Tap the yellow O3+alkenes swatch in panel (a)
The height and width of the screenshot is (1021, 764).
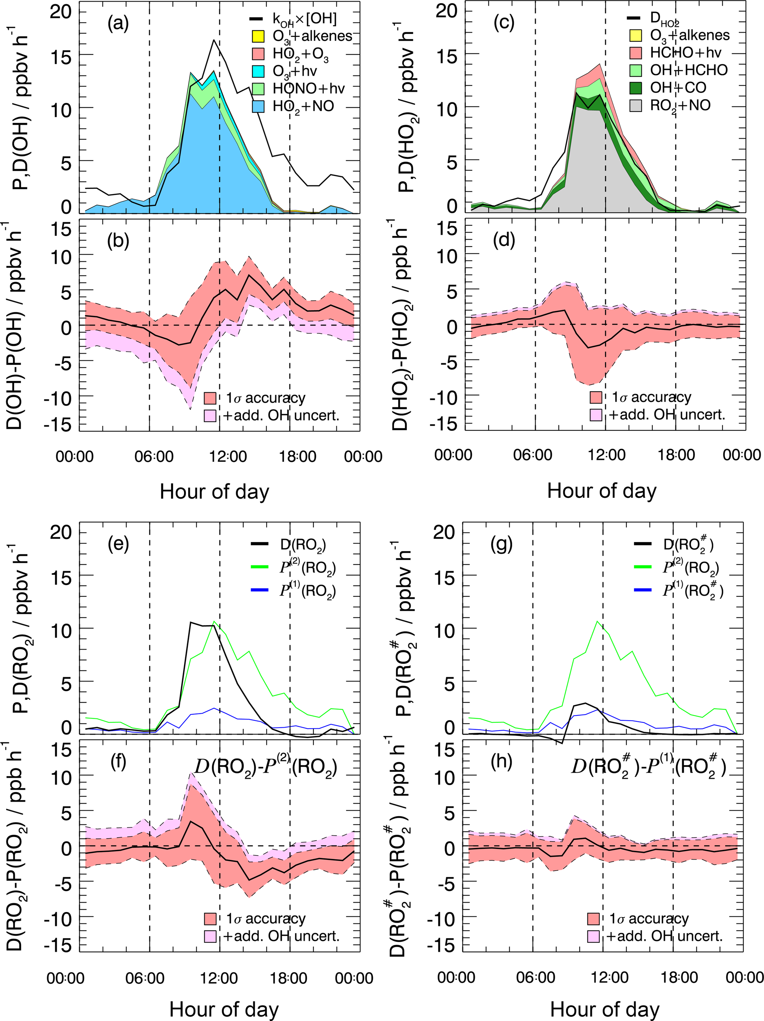click(x=258, y=36)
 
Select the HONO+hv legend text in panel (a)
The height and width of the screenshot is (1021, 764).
click(x=308, y=88)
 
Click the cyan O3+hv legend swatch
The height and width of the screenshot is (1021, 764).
click(x=258, y=71)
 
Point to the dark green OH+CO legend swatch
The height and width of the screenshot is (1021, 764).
click(x=636, y=88)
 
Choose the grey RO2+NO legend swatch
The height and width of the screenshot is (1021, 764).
click(x=636, y=105)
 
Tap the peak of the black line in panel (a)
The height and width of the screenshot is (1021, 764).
click(x=214, y=40)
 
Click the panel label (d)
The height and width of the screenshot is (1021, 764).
click(x=504, y=241)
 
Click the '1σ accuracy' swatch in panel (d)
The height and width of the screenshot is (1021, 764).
click(x=595, y=397)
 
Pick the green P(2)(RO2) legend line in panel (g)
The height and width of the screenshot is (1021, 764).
click(x=642, y=567)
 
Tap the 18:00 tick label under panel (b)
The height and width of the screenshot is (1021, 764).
click(x=297, y=456)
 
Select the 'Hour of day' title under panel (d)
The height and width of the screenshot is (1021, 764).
click(x=601, y=491)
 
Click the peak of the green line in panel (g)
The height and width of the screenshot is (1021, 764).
click(x=598, y=621)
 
